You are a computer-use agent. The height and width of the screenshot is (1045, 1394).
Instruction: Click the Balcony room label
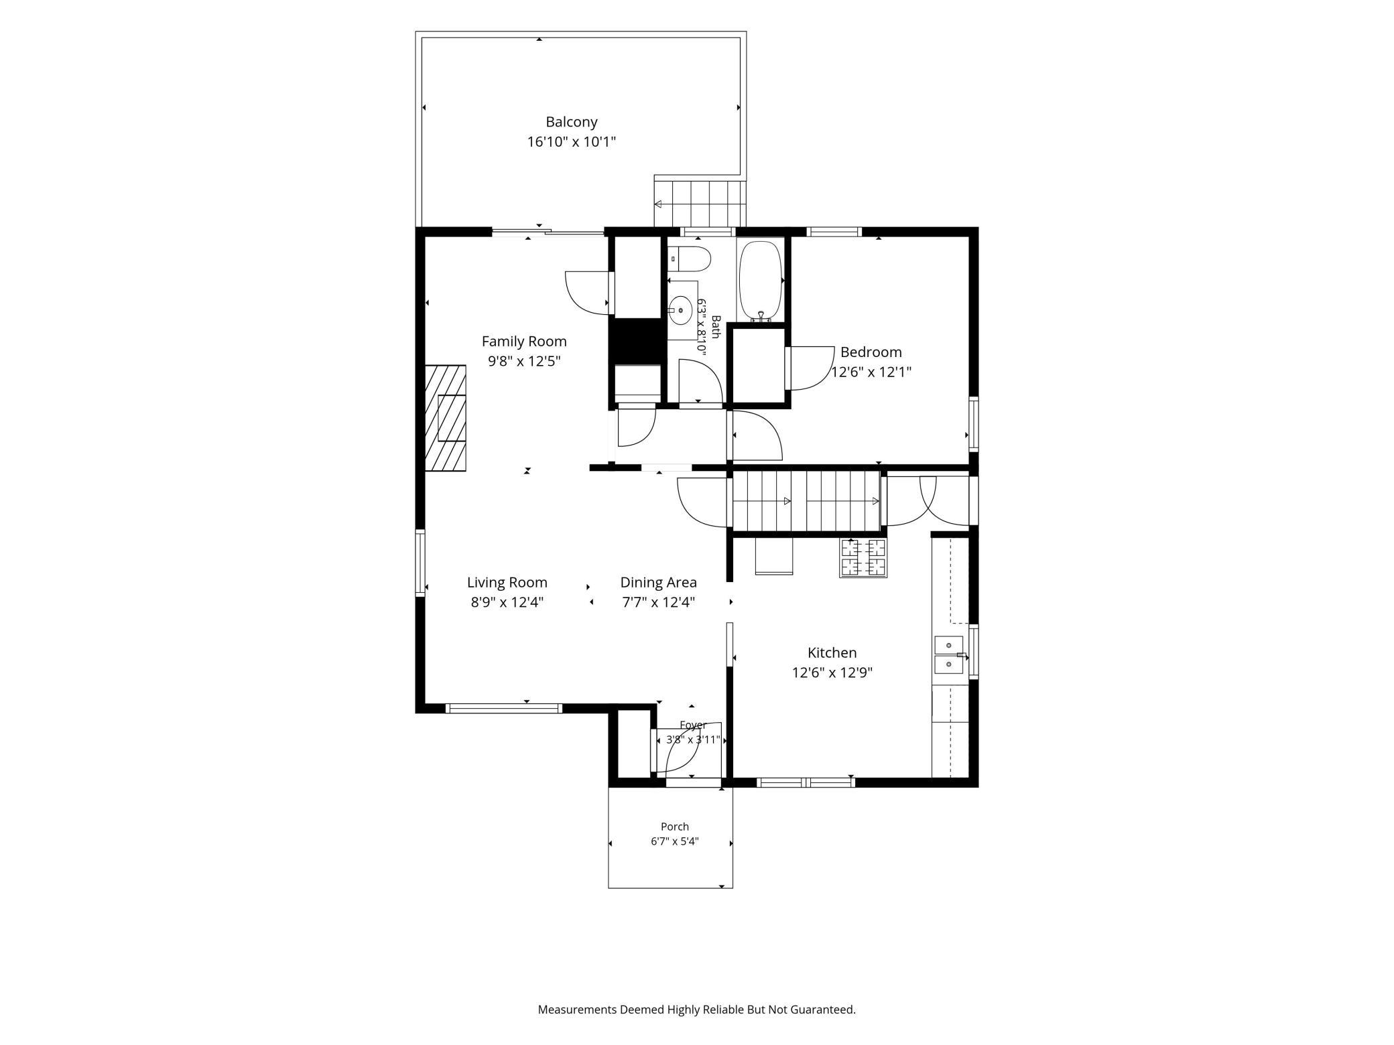coord(571,122)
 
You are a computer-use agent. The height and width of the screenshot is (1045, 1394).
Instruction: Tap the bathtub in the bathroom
coord(760,280)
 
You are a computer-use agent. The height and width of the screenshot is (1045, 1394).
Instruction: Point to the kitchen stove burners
coord(863,557)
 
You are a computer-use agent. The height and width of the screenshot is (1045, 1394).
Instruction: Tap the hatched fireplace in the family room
coord(446,419)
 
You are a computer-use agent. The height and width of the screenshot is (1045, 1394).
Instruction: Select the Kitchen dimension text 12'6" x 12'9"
coord(832,673)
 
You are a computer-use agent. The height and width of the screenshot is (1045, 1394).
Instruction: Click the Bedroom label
coord(871,352)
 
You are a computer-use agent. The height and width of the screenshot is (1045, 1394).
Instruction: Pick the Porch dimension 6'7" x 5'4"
coord(674,841)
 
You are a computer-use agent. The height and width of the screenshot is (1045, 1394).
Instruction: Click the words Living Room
coord(507,582)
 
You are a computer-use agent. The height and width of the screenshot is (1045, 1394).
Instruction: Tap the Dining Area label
coord(658,582)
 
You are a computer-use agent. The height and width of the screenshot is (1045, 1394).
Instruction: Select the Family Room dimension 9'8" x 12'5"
coord(524,361)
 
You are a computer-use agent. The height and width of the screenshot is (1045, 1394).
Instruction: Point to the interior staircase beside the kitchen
coord(806,501)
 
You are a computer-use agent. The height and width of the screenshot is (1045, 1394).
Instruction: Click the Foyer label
coord(693,725)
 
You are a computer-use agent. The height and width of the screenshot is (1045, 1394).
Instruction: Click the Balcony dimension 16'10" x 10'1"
coord(571,142)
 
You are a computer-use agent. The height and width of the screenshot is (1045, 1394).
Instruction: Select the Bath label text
coord(715,327)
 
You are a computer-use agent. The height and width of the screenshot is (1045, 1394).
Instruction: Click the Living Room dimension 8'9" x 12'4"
coord(507,602)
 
